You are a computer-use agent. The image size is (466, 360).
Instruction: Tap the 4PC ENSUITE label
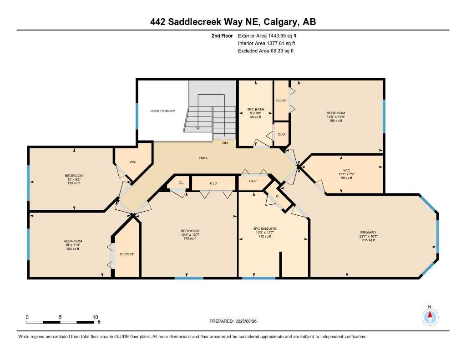pos(264,228)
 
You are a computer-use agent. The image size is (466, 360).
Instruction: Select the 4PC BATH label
pos(256,109)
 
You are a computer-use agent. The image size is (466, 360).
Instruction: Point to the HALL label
pos(203,158)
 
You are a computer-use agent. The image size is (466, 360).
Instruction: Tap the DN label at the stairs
pos(225,143)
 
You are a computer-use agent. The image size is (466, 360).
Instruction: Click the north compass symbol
pos(430,316)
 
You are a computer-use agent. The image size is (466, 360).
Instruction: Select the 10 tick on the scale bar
pos(96,317)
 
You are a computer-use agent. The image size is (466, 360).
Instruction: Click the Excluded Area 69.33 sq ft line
pos(266,51)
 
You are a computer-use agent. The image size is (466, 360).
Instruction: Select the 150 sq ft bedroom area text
pos(336,121)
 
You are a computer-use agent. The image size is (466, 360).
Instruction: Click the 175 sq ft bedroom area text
pos(190,238)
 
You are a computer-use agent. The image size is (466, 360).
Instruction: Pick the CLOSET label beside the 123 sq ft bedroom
pos(127,254)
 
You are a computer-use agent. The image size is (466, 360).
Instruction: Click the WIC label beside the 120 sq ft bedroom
pos(133,162)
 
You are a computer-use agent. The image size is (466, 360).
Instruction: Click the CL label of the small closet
pos(181,183)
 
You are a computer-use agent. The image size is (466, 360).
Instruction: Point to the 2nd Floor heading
pos(222,35)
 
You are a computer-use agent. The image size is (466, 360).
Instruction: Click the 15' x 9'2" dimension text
pos(74,179)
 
